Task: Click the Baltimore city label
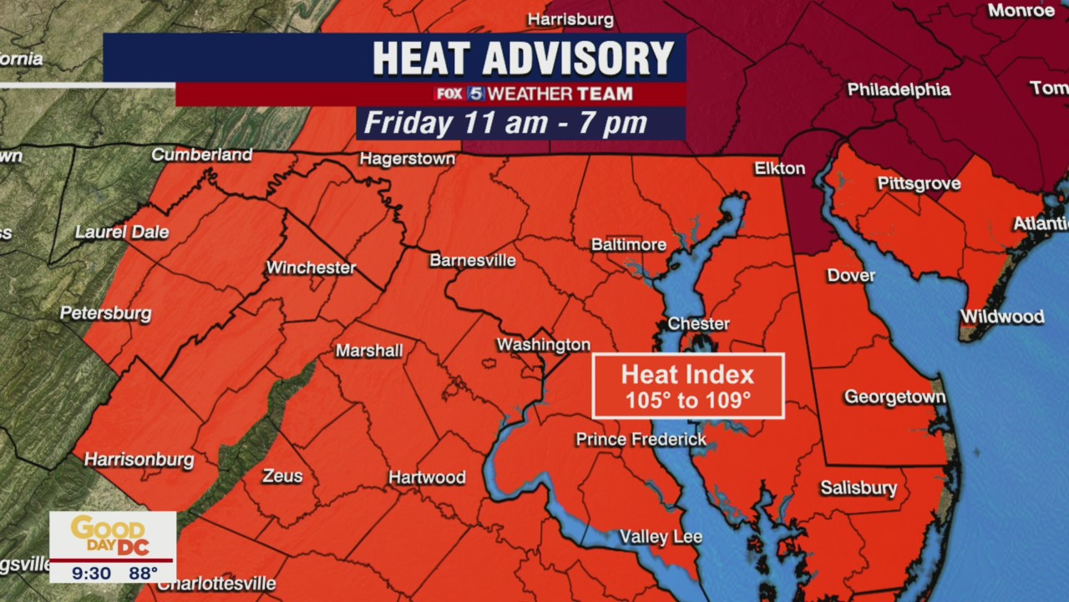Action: (628, 245)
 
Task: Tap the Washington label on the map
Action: (543, 344)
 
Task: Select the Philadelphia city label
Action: (899, 89)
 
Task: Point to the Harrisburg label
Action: (570, 19)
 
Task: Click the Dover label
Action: (851, 275)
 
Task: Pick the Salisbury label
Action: (859, 487)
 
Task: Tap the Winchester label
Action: (311, 268)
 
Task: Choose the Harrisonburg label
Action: (139, 460)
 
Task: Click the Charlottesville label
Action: (216, 584)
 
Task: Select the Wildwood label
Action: (1001, 316)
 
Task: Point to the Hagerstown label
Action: (407, 159)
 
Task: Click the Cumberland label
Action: (201, 155)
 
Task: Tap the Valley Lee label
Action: (660, 537)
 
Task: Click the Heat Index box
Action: (687, 386)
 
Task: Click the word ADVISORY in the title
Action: (578, 59)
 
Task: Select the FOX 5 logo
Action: (459, 94)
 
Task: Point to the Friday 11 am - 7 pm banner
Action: (506, 123)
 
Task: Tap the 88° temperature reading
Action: (143, 574)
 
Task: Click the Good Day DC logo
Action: (111, 534)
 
